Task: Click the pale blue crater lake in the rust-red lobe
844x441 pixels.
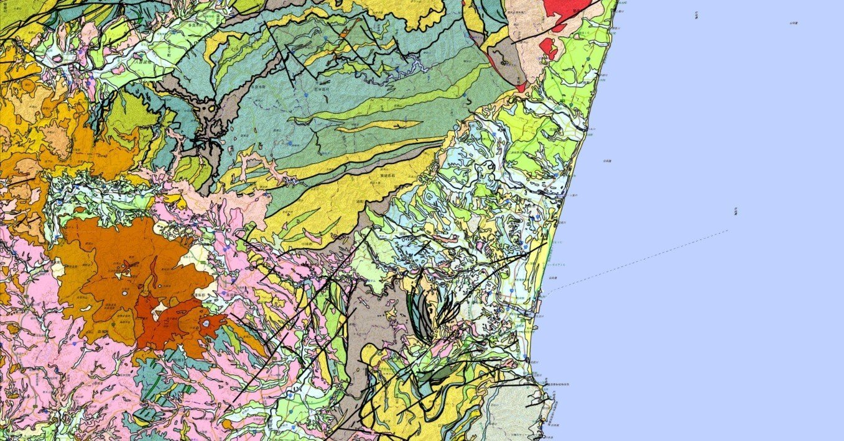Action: click(206, 324)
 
